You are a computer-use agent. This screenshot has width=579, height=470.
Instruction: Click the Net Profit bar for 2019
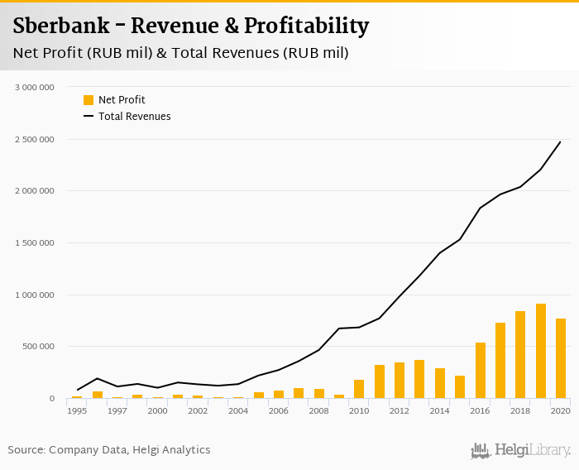(541, 351)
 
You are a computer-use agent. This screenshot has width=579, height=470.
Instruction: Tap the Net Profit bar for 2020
(561, 358)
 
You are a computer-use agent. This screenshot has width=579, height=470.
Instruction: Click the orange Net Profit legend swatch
(89, 100)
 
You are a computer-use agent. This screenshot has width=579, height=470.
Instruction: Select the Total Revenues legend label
(134, 117)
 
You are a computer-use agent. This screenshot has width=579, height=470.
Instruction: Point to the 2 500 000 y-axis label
(35, 139)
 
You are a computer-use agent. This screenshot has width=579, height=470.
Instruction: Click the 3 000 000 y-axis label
(35, 87)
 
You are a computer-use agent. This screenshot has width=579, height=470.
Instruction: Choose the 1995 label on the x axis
(77, 410)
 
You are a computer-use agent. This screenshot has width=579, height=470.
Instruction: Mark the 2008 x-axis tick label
(318, 410)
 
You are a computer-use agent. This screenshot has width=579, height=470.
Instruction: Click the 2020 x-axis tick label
(560, 410)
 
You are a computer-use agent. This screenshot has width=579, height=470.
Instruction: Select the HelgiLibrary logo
(520, 450)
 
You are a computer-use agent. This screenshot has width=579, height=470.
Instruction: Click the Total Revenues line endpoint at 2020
(560, 141)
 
